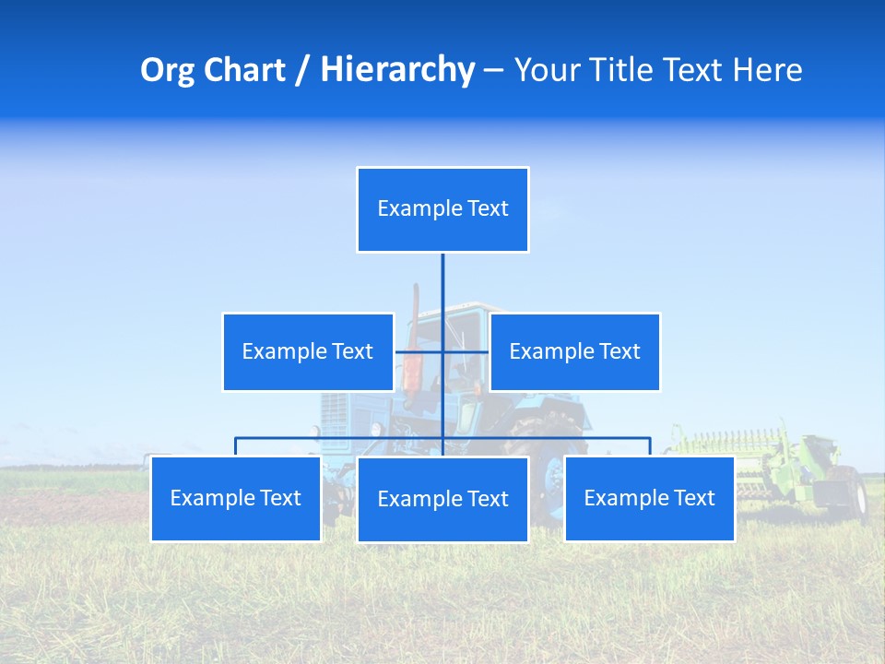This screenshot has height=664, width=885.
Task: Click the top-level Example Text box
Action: [x=442, y=209]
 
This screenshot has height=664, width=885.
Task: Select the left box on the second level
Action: [x=308, y=351]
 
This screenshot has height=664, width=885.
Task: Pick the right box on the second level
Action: [x=574, y=351]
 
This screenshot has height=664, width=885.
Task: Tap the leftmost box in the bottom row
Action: [x=236, y=498]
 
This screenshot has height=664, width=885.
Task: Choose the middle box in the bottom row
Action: [x=442, y=499]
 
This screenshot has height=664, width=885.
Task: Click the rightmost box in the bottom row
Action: [x=649, y=498]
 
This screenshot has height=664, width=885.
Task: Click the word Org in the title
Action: [x=167, y=70]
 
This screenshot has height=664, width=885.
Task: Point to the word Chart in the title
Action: [x=242, y=70]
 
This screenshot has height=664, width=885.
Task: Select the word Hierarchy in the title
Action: [x=397, y=70]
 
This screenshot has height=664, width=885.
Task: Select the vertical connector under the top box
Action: [x=442, y=281]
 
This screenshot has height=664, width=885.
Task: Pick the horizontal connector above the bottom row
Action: [x=341, y=439]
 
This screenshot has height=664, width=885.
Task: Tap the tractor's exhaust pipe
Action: [x=416, y=304]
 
